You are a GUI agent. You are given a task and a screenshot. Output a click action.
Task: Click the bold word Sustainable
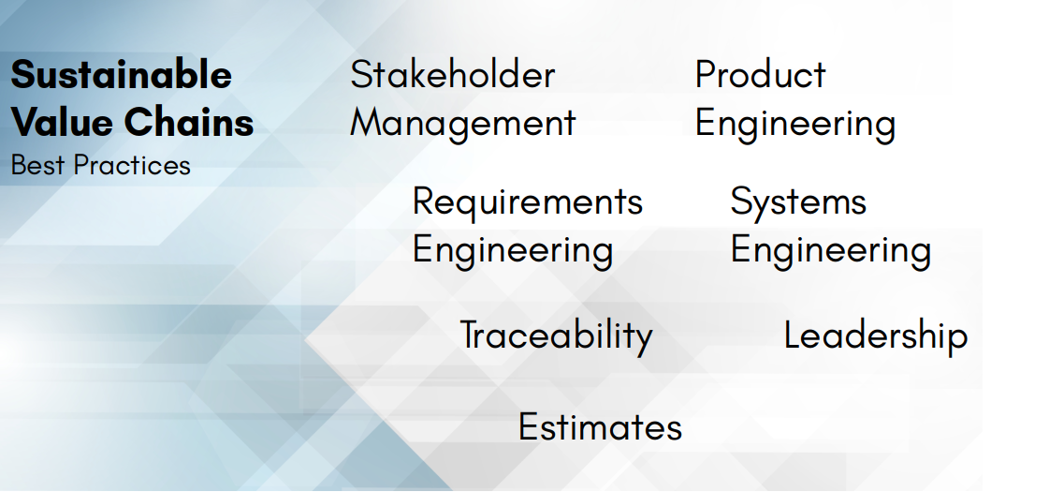click(x=121, y=74)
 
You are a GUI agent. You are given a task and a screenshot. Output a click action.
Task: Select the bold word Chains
click(x=189, y=122)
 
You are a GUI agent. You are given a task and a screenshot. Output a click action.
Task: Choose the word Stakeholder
click(x=453, y=74)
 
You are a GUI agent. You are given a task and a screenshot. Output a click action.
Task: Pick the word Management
click(x=463, y=125)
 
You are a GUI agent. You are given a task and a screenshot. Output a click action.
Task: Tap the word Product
click(x=761, y=74)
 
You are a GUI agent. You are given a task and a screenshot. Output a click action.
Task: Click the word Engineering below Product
click(x=795, y=125)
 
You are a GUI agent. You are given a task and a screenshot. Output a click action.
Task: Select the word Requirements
click(x=528, y=202)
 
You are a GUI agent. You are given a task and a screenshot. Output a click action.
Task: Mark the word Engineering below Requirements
click(x=513, y=251)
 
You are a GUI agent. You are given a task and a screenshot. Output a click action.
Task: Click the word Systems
click(x=798, y=202)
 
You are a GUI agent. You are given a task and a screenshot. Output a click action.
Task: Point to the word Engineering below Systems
click(x=831, y=251)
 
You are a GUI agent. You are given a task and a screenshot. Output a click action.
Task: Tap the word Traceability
click(x=556, y=336)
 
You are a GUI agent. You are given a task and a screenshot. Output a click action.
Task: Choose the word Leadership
click(x=876, y=335)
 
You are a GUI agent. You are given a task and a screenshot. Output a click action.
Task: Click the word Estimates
click(x=600, y=427)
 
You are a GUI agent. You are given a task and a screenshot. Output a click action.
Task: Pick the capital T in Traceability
click(x=471, y=335)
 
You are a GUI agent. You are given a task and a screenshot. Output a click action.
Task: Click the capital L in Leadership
click(x=793, y=335)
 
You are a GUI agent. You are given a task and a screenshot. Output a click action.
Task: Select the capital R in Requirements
click(x=424, y=201)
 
